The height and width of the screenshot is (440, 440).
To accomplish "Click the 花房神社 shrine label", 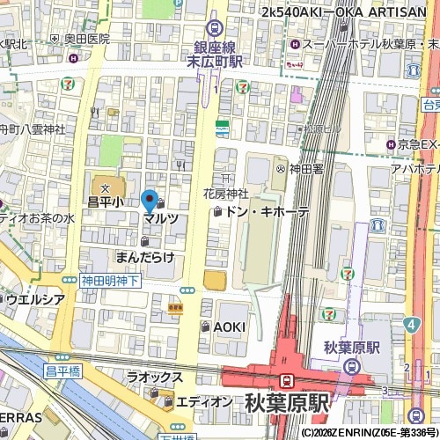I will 227,194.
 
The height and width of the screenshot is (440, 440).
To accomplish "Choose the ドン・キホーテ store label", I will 267,212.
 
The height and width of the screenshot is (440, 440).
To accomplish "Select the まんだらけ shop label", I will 145,256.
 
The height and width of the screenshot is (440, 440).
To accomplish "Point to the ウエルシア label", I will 35,298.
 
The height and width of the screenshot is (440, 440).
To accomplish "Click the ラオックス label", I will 154,378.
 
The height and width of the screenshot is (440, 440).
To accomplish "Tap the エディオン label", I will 204,402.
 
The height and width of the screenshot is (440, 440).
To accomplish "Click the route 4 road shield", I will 411,325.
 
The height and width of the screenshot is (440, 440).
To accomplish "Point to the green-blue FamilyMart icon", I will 223,128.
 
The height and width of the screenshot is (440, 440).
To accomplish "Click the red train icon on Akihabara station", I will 287,379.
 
